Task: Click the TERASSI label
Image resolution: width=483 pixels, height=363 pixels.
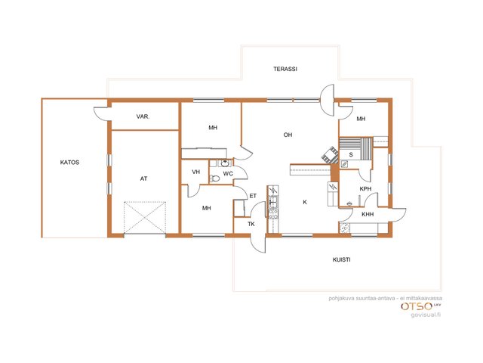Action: pos(285,69)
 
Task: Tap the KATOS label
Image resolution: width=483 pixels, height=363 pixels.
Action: pos(69,163)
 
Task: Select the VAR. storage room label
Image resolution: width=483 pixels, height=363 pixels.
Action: pos(143,116)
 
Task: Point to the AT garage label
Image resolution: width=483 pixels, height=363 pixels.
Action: pos(143,178)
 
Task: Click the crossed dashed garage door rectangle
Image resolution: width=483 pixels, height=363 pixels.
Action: pos(145,218)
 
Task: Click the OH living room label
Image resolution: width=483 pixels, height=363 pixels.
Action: pos(288,135)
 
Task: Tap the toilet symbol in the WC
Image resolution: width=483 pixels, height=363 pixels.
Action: pos(214,178)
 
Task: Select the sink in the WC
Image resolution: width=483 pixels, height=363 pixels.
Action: pos(225,163)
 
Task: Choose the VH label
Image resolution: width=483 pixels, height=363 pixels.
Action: pos(196,172)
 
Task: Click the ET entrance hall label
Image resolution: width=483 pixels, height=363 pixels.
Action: pos(253,196)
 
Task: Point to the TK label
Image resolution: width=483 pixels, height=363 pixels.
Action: pos(251,224)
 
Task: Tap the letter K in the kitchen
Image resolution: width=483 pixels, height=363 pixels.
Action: pos(305,202)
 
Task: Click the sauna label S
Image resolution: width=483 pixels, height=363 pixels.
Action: pos(351,155)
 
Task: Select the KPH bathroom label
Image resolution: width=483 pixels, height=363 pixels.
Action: pos(365,189)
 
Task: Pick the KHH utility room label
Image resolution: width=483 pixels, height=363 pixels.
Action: pos(368,214)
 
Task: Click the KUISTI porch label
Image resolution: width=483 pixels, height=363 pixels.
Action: pos(342,260)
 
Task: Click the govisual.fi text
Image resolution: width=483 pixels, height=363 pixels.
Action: pos(426,315)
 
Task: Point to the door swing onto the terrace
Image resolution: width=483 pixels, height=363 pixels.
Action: pos(327,100)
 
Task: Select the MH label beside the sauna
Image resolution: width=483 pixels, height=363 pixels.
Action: pos(361,119)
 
